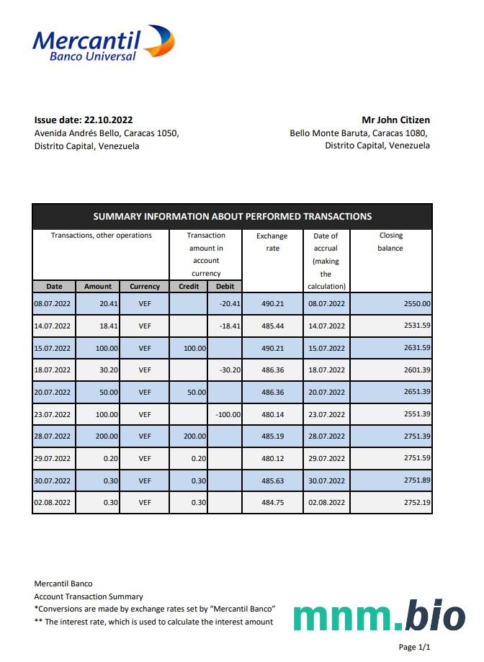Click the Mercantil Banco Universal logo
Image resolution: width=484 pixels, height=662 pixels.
click(x=103, y=43)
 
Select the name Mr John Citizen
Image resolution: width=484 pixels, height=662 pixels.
click(x=395, y=120)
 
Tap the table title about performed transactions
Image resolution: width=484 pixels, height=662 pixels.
click(x=232, y=216)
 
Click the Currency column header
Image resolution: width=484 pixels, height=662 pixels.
click(x=145, y=286)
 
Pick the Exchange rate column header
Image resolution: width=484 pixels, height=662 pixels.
click(x=272, y=242)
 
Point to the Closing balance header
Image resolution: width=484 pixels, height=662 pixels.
click(x=390, y=242)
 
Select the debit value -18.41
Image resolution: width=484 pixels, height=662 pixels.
click(x=229, y=326)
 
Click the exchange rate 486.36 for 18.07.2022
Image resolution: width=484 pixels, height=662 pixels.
click(x=272, y=370)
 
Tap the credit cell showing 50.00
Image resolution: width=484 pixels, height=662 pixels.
click(x=194, y=392)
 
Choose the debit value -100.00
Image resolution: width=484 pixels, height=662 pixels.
click(x=228, y=414)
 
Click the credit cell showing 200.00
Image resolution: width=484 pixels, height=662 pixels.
click(x=193, y=436)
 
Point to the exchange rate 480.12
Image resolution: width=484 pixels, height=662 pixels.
click(x=272, y=458)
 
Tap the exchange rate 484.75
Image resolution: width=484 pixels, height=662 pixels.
click(x=272, y=502)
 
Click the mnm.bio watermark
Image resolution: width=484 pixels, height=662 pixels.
click(x=379, y=617)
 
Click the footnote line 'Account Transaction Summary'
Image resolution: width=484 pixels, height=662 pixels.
click(x=89, y=596)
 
